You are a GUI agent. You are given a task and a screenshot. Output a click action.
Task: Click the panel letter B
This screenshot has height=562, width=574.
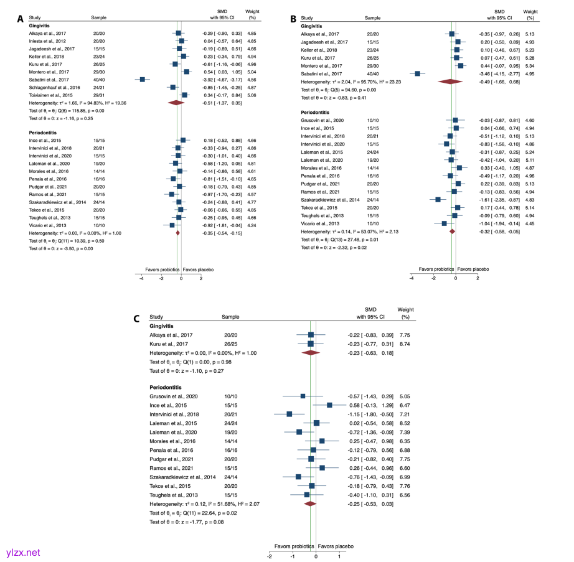click(294, 19)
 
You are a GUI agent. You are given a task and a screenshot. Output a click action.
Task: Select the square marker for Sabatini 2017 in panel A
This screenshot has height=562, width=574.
click(143, 80)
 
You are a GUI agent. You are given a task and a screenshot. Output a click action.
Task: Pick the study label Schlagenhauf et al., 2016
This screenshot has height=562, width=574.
click(55, 88)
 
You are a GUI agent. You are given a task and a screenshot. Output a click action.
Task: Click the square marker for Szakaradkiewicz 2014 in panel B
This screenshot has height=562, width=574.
click(438, 200)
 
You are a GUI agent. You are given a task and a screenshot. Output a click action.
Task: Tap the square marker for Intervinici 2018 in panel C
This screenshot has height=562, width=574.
click(289, 413)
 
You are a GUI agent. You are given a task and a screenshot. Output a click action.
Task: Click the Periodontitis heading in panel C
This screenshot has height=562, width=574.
click(166, 387)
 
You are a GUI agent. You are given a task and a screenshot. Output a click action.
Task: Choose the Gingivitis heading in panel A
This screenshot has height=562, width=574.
click(40, 26)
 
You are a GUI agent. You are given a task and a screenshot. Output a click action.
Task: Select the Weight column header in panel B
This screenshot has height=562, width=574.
click(530, 15)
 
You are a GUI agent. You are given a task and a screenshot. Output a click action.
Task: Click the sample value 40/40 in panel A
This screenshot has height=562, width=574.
click(98, 80)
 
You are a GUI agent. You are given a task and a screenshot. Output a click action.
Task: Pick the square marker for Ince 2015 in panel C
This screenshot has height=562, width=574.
click(329, 405)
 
